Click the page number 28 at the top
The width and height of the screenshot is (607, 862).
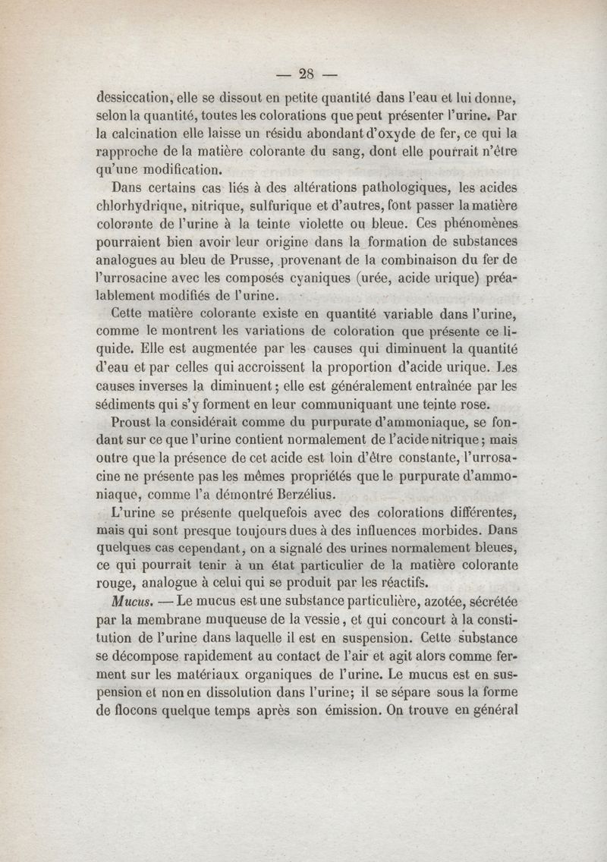point(307,74)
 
